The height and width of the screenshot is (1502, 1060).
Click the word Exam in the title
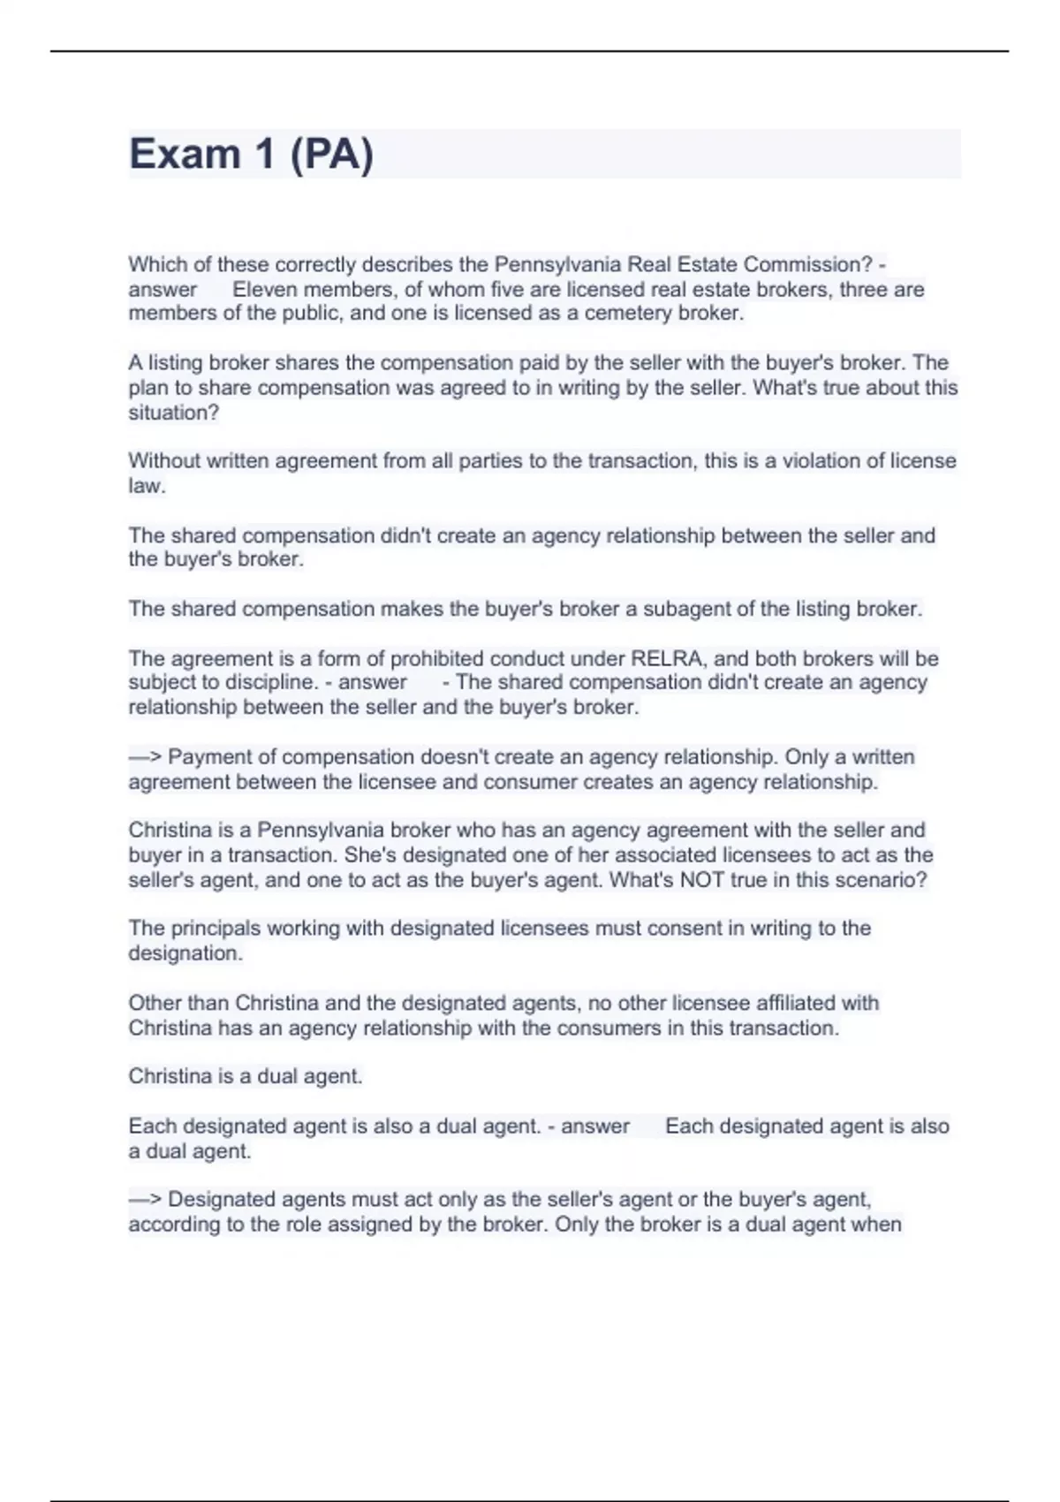pos(185,155)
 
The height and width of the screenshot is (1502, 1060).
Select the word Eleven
pos(269,289)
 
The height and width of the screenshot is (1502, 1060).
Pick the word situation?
pos(174,413)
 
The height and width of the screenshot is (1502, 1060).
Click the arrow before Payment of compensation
pos(146,757)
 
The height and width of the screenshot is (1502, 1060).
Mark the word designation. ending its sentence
pos(185,953)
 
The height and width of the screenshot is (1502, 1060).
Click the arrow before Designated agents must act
pos(146,1200)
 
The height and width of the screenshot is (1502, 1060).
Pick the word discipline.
pos(267,682)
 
